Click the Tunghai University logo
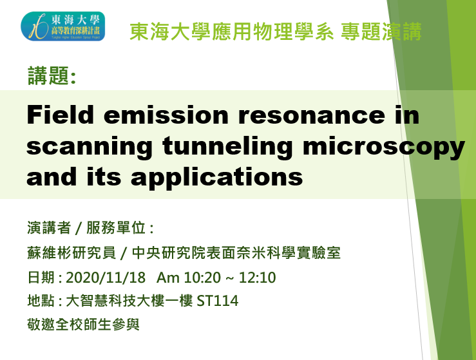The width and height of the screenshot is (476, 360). click(62, 26)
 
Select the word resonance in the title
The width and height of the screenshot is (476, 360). click(309, 117)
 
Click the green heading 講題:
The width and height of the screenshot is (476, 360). click(52, 77)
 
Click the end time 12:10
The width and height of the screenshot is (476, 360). click(257, 278)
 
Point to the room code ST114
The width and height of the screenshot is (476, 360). click(219, 301)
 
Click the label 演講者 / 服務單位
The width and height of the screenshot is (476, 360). click(90, 229)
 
